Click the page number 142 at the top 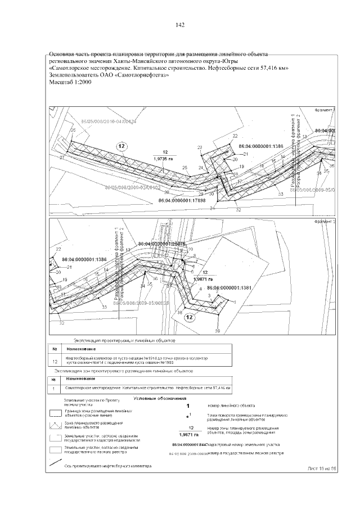[x=180, y=25]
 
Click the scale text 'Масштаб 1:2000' [x=70, y=82]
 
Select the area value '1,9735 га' [x=165, y=159]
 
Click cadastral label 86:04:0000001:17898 [x=182, y=200]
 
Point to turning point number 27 [x=61, y=158]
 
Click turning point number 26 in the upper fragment [x=72, y=130]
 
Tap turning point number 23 [x=200, y=147]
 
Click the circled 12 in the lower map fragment [x=190, y=318]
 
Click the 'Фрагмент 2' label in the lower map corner [x=325, y=222]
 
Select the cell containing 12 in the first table [x=55, y=361]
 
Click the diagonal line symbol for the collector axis [x=55, y=464]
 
